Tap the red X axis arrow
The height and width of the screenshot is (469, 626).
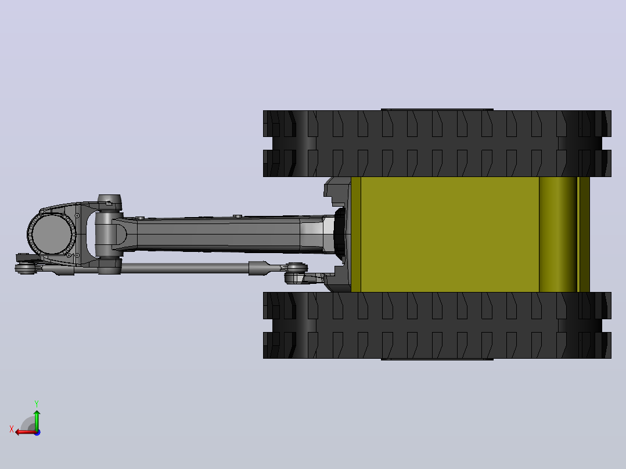(26, 432)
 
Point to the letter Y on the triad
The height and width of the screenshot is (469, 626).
(37, 404)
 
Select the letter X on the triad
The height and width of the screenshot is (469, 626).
(12, 429)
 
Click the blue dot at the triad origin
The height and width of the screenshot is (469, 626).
(37, 432)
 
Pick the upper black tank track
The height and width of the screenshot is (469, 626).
(437, 143)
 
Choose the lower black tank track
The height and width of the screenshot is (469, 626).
(437, 325)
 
